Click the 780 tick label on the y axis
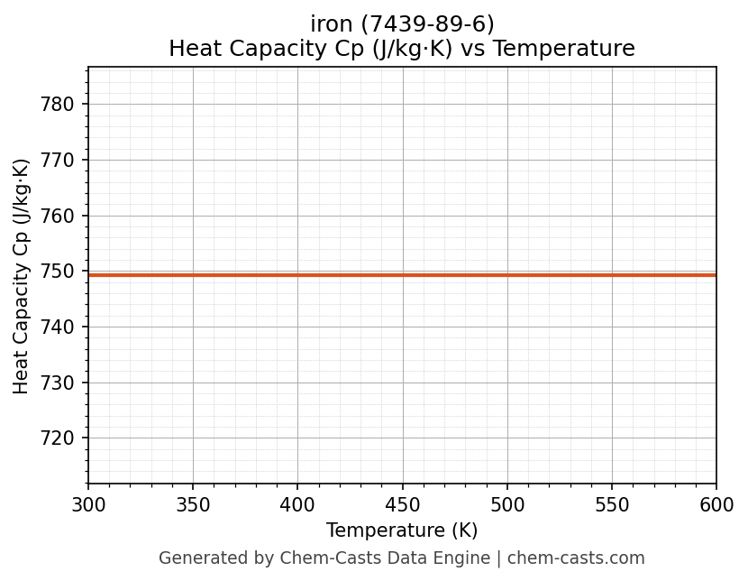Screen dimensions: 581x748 (x=58, y=105)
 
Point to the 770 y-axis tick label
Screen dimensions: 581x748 (x=58, y=161)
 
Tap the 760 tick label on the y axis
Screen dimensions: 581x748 (x=58, y=216)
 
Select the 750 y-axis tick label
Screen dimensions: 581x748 (x=58, y=272)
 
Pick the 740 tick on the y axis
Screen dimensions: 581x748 (x=58, y=327)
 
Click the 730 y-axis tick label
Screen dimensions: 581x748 (x=58, y=383)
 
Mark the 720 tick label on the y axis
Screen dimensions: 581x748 (x=58, y=438)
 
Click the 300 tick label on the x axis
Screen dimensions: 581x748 (x=88, y=504)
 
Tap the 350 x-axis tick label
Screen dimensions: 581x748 (x=193, y=504)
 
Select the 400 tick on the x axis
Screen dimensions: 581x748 (x=297, y=504)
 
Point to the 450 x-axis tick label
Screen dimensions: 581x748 (x=403, y=504)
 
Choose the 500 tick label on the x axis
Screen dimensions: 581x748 (x=507, y=504)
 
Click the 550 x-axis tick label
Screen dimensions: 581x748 (x=612, y=504)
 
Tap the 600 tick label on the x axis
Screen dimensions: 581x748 (x=716, y=504)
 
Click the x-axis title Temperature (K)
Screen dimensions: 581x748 (x=402, y=530)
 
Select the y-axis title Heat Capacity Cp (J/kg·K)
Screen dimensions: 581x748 (x=22, y=276)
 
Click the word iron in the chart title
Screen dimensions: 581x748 (x=330, y=24)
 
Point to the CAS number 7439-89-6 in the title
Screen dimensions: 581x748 (x=426, y=24)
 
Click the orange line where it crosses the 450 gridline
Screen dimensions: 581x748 (x=403, y=274)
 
